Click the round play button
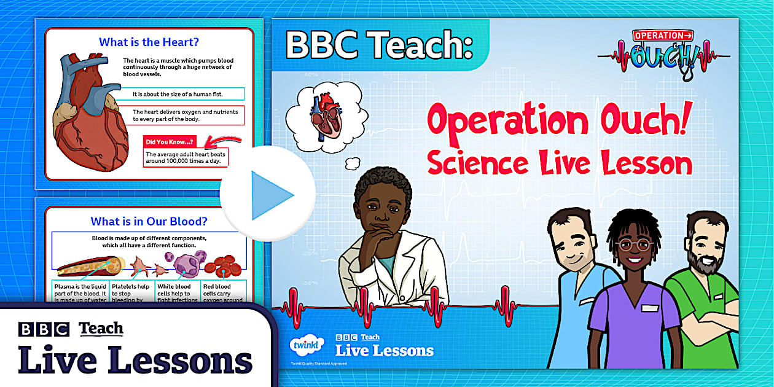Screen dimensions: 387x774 (x=268, y=195)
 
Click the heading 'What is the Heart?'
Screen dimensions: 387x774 (x=149, y=42)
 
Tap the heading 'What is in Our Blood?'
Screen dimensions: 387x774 (x=149, y=221)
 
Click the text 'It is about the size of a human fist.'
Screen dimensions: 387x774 (x=178, y=94)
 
